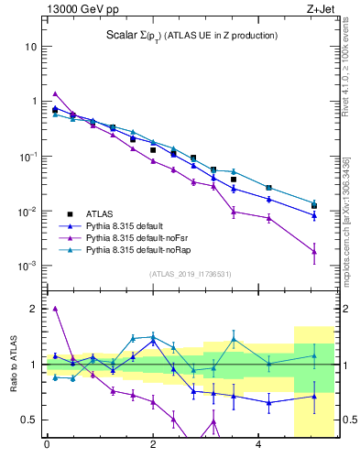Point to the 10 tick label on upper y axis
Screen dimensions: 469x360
click(x=30, y=46)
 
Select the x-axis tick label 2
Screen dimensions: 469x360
click(x=153, y=445)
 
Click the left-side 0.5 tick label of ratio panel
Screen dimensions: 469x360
click(x=29, y=420)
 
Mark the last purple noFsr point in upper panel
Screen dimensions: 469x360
click(x=314, y=251)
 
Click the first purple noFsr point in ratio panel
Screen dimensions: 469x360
click(x=55, y=309)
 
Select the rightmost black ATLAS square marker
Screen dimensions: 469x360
click(x=314, y=206)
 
